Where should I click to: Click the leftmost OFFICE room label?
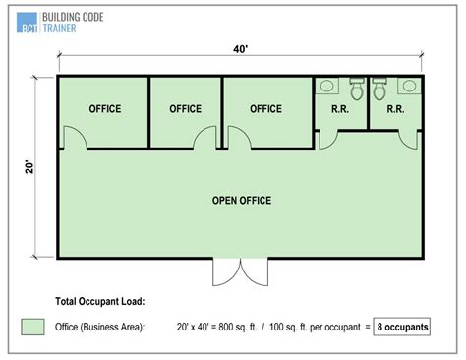[x=105, y=108]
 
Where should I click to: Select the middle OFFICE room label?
[x=186, y=108]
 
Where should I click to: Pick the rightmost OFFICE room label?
[x=266, y=108]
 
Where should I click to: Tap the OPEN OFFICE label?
[x=241, y=201]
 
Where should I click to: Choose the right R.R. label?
[x=395, y=109]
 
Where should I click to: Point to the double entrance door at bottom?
[x=240, y=272]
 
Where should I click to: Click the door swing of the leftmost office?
[x=77, y=140]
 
